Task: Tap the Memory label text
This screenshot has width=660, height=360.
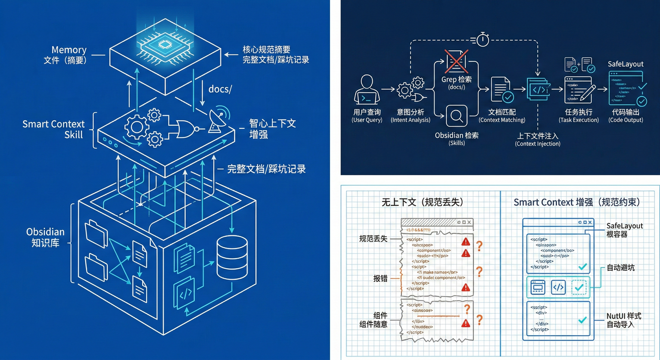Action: (69, 50)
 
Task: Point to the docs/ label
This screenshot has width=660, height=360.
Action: (220, 89)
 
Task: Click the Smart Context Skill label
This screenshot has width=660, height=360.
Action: (54, 129)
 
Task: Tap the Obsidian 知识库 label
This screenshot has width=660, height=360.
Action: (45, 237)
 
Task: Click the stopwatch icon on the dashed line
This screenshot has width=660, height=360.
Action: (482, 39)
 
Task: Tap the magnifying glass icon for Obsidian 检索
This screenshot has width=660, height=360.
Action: (456, 116)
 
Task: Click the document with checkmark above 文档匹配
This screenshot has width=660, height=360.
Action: (502, 89)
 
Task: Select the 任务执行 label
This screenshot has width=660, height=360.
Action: (578, 112)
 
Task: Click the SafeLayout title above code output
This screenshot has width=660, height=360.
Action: (626, 64)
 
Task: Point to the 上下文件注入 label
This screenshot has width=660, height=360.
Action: (538, 136)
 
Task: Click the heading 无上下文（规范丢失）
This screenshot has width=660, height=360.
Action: (423, 202)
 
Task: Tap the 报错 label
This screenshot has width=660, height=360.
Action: (380, 278)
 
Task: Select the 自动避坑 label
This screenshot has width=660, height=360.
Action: (621, 267)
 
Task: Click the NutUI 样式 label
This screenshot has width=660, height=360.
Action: (624, 316)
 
